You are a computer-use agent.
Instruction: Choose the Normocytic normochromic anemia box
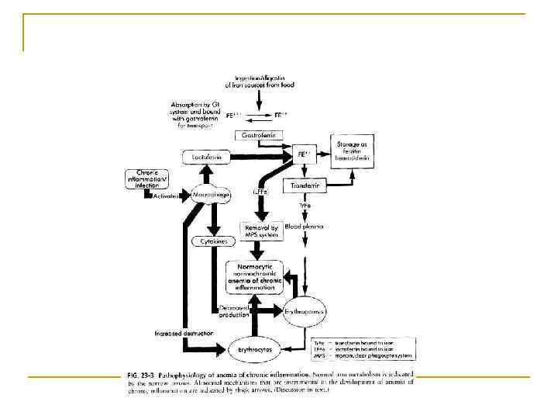click(256, 276)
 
